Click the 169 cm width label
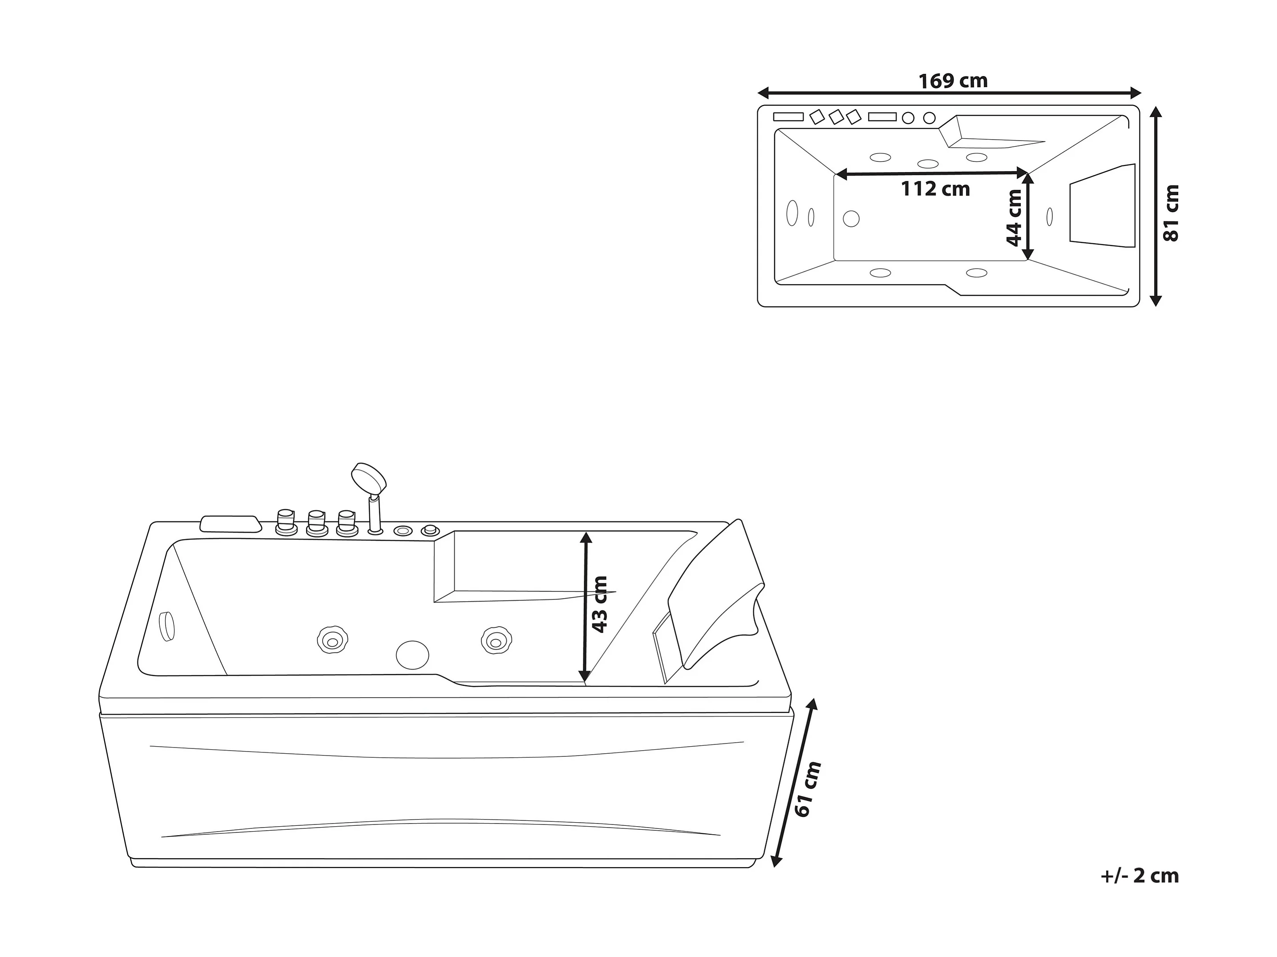(x=953, y=81)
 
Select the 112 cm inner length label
(x=935, y=189)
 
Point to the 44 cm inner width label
(x=1014, y=217)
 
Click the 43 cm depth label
(x=600, y=604)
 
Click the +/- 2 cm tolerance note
(x=1139, y=875)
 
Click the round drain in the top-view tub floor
(x=851, y=219)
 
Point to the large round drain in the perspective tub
(x=412, y=655)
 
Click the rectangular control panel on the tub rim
(x=229, y=523)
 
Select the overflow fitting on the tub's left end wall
(x=166, y=625)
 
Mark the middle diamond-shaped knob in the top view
(x=836, y=117)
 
